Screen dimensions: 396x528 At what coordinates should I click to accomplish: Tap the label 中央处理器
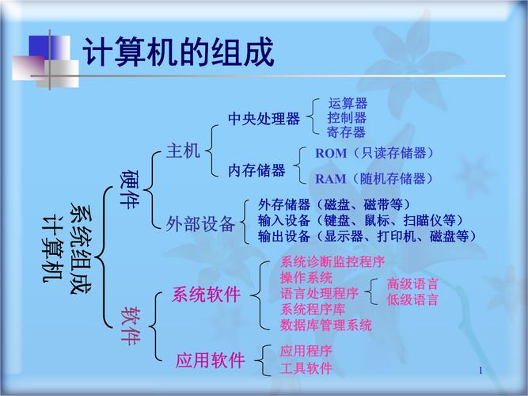click(264, 119)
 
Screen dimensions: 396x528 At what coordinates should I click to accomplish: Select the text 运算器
click(348, 104)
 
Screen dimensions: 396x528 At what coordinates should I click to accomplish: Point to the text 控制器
click(348, 118)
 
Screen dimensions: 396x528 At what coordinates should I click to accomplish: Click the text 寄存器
click(348, 132)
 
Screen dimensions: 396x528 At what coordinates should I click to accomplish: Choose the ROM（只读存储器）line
click(375, 153)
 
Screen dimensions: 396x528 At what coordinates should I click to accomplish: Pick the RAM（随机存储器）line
click(375, 178)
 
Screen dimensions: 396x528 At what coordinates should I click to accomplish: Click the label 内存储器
click(256, 170)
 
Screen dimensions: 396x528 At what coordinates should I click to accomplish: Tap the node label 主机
click(183, 151)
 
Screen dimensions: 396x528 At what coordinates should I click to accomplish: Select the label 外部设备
click(201, 224)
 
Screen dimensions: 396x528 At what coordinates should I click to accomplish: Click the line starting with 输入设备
click(360, 220)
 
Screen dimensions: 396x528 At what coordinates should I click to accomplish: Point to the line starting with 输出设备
click(367, 236)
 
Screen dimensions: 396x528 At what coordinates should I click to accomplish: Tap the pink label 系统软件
click(207, 295)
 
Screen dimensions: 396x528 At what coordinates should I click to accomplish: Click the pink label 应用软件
click(211, 361)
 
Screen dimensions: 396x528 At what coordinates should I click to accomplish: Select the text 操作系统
click(306, 278)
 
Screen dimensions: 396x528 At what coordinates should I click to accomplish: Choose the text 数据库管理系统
click(326, 325)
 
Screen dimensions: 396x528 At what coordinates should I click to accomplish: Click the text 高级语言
click(412, 284)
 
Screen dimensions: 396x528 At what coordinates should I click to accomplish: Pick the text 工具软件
click(306, 368)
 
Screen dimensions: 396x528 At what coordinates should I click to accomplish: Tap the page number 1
click(481, 371)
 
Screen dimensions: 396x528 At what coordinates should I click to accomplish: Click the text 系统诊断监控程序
click(332, 262)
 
